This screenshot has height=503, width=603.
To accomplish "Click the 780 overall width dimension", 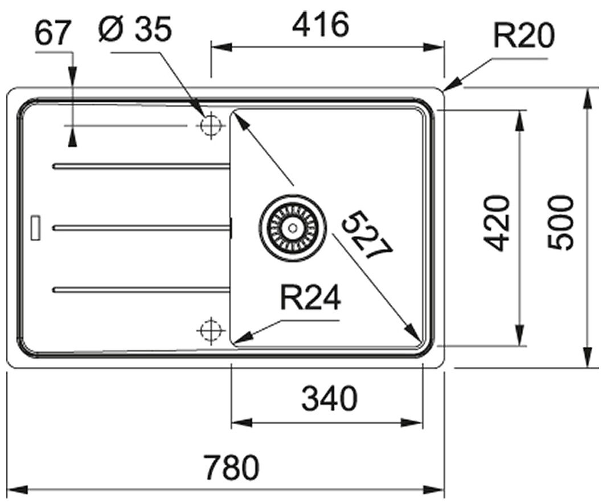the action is [232, 467].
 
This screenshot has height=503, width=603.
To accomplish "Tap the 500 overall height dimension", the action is [560, 223].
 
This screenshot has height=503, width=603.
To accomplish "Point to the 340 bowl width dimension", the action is [330, 398].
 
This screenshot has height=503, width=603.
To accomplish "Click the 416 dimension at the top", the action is [321, 24].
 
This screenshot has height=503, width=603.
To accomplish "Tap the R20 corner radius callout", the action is [524, 35].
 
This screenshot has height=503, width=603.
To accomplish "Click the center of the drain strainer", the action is [293, 228].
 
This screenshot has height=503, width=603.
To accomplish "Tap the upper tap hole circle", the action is [210, 125].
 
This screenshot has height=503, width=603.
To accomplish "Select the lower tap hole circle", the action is [210, 330].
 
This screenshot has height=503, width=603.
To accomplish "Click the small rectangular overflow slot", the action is [35, 227].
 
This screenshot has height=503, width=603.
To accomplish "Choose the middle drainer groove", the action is [141, 228].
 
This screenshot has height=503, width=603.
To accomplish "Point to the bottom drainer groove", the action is [141, 289].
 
